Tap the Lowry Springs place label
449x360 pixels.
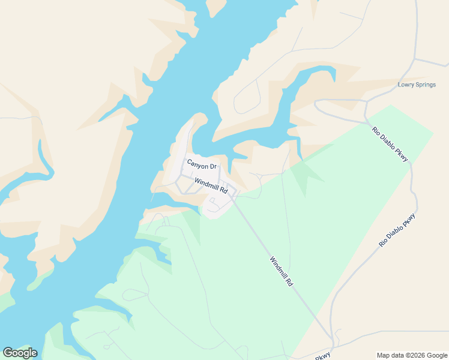(x=417, y=85)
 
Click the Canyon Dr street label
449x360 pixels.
(x=201, y=163)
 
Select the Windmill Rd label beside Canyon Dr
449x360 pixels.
(x=211, y=185)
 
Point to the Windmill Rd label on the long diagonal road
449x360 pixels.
(x=281, y=271)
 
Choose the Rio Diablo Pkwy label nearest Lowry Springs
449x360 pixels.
(x=390, y=144)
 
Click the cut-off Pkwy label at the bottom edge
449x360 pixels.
(x=323, y=356)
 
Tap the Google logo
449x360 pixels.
(x=20, y=353)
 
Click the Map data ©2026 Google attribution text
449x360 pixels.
(x=412, y=355)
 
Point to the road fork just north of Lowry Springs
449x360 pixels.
(x=413, y=60)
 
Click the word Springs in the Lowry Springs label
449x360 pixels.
(x=425, y=85)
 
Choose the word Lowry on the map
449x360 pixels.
(x=406, y=85)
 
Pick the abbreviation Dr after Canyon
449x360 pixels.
(x=212, y=166)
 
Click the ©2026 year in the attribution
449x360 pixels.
(x=415, y=355)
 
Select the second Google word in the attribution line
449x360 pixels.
(x=437, y=355)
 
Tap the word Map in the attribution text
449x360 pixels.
(x=383, y=355)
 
